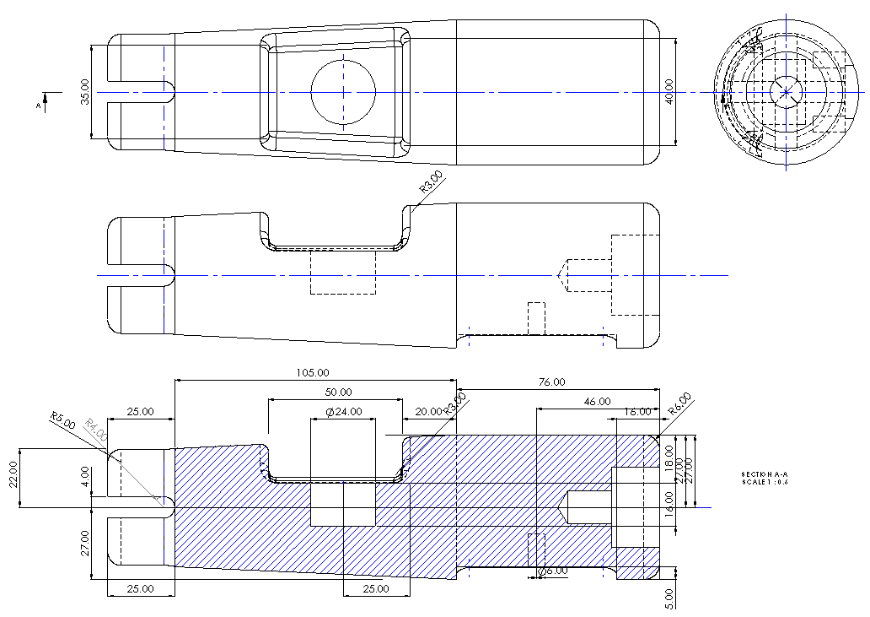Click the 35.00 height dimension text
point(85,92)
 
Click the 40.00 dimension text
point(669,91)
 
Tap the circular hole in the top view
point(343,91)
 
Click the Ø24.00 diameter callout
point(343,412)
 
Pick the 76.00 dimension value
point(551,382)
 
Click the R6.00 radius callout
point(679,403)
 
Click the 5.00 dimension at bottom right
point(669,596)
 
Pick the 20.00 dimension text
point(428,412)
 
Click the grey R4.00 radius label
point(96,431)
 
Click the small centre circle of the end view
point(786,91)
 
